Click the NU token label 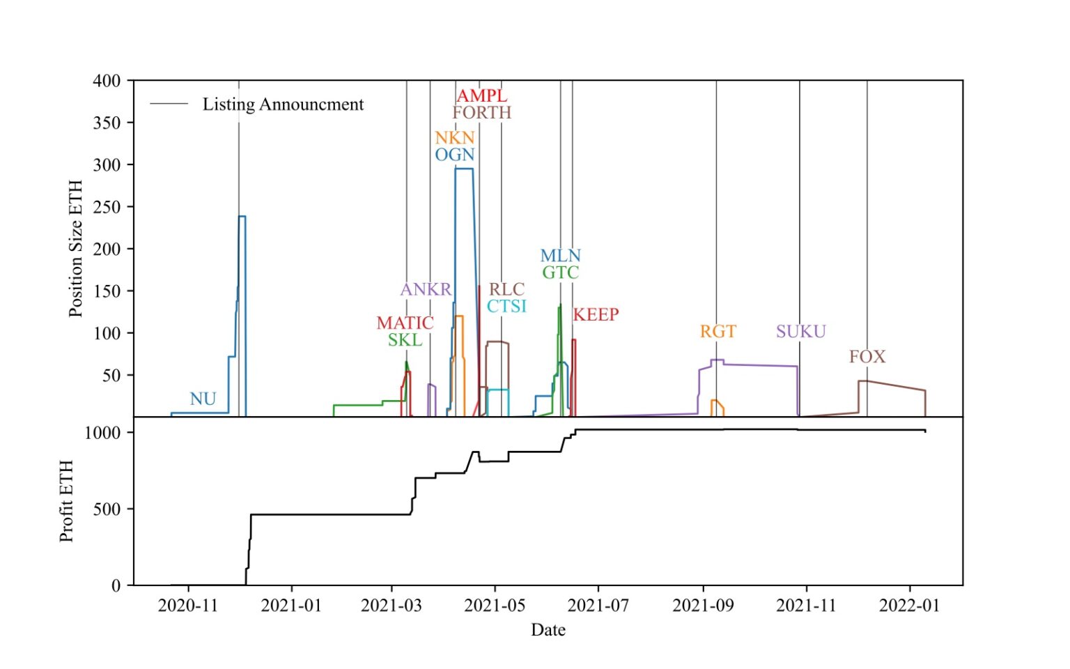(x=203, y=399)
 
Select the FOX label (x=867, y=357)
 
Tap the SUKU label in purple (x=800, y=331)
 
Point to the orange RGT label (x=718, y=331)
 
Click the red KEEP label (x=596, y=314)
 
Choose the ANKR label (x=426, y=289)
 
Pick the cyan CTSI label (x=506, y=306)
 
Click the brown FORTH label (x=481, y=112)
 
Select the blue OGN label (x=454, y=154)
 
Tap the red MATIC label (x=405, y=323)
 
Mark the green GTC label (x=560, y=272)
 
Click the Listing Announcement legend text (x=283, y=105)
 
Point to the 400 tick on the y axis (x=107, y=81)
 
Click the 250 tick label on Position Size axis (x=107, y=207)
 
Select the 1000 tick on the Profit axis (x=102, y=433)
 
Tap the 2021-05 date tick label (x=495, y=605)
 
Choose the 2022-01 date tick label (x=909, y=605)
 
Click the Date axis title (x=548, y=630)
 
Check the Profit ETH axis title (x=66, y=501)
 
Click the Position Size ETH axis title (x=75, y=249)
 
